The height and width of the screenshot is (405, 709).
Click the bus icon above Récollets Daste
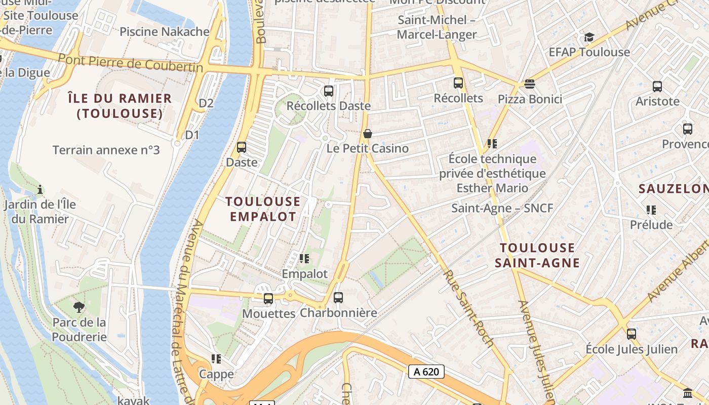coord(329,91)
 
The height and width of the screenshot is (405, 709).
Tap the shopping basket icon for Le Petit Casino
coord(368,134)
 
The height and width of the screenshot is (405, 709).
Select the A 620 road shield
coord(426,372)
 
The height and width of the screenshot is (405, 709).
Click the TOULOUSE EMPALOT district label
coord(263,209)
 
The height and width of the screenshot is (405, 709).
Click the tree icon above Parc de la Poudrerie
coord(79,307)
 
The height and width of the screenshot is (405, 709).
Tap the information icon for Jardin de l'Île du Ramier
coord(40,190)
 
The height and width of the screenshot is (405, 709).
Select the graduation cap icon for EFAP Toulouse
coord(589,37)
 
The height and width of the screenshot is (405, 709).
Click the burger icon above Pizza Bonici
coord(530,84)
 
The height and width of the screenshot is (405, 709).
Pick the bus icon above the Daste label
coord(242,147)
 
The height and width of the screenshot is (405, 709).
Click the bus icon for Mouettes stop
coord(268,299)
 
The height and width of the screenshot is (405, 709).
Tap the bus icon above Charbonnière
coord(338,298)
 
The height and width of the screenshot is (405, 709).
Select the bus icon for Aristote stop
coord(657,87)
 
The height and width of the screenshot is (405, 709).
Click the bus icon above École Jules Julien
coord(631,334)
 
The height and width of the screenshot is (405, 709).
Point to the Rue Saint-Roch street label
coord(468,308)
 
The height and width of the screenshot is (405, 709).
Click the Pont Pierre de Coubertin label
coord(130,63)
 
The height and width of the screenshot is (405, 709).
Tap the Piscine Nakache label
coord(165,32)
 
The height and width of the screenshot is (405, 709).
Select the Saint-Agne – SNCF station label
coord(502,208)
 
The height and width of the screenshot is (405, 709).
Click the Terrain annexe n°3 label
coord(106,150)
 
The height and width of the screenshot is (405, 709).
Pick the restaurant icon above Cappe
coord(217,359)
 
